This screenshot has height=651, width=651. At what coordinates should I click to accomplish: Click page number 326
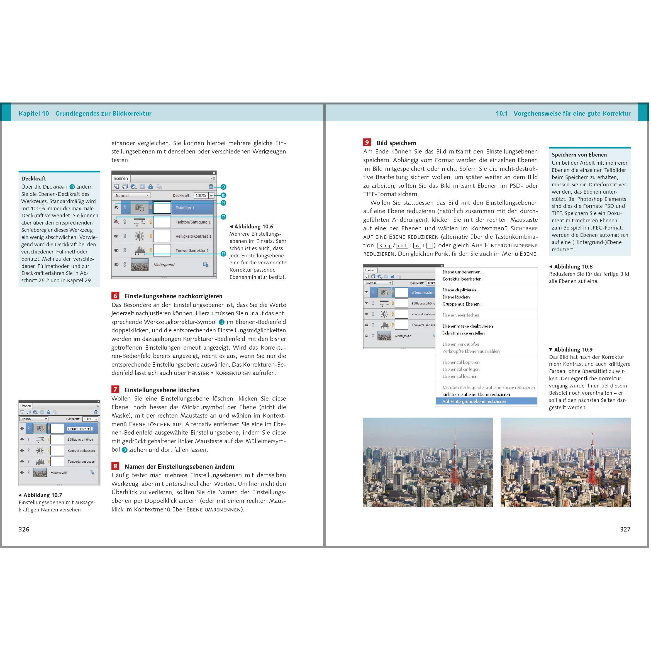[24, 529]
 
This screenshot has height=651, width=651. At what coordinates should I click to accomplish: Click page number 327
[625, 529]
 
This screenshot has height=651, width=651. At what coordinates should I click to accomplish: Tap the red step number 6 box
[115, 296]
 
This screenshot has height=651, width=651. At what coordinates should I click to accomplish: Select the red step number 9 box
[367, 143]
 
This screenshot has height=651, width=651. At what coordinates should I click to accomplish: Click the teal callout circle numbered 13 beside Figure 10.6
[223, 254]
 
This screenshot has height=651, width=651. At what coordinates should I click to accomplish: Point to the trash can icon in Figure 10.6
[211, 187]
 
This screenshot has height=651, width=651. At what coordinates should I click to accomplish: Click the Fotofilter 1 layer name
[185, 208]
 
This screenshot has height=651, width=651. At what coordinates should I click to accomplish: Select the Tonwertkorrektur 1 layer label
[192, 251]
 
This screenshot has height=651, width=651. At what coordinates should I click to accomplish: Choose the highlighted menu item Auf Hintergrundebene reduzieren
[474, 401]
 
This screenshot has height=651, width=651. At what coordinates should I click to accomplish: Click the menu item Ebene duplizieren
[460, 290]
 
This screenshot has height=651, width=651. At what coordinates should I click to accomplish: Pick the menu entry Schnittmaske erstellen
[463, 333]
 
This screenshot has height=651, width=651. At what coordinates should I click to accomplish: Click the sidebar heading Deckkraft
[34, 179]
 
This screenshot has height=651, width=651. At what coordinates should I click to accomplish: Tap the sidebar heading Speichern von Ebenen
[579, 155]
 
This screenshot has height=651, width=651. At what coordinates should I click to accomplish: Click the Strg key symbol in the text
[384, 246]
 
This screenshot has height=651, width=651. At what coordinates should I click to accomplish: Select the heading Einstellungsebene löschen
[162, 390]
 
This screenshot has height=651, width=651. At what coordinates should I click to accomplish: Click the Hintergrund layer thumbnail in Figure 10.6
[140, 265]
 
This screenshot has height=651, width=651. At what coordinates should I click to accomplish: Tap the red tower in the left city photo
[455, 462]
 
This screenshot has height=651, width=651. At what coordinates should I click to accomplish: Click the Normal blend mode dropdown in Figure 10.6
[132, 196]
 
